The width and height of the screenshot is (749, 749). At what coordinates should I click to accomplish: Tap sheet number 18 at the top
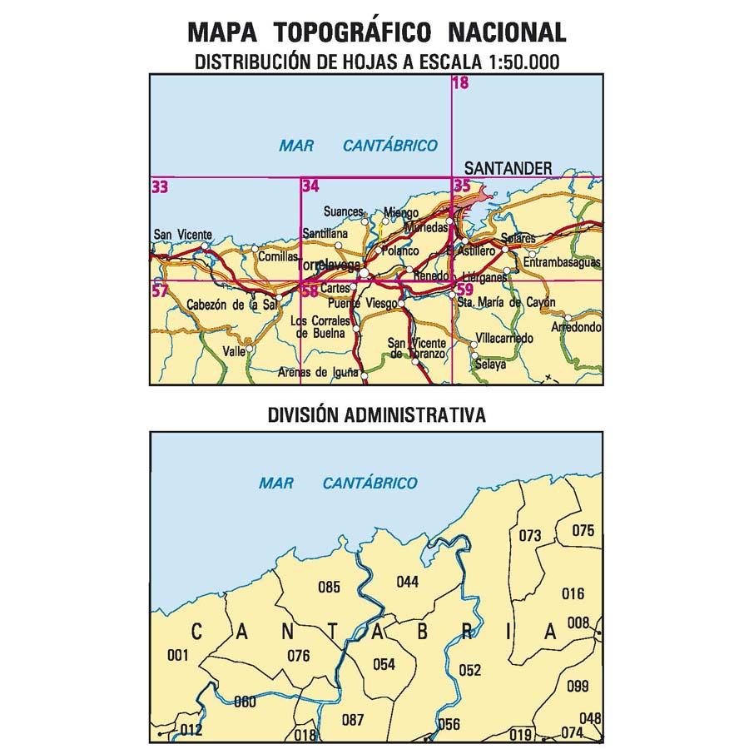coord(460,82)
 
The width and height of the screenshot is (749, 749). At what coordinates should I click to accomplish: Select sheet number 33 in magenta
coord(160,187)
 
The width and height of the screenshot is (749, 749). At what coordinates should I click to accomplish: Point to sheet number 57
coord(160,290)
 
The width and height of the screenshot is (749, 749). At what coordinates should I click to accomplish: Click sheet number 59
coord(464,290)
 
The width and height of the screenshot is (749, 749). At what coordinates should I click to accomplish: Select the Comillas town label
coord(276,258)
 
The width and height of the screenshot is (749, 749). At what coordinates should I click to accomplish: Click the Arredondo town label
coord(576,328)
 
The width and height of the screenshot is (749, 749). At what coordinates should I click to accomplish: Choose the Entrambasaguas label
coord(561,263)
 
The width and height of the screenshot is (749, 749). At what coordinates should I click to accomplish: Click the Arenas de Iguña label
coord(322,372)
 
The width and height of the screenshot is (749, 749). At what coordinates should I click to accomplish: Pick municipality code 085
coord(330,588)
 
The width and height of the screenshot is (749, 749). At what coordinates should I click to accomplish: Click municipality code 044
coord(408,582)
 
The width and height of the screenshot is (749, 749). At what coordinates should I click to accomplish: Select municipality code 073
coord(529,535)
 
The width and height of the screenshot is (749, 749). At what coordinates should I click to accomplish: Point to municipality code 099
coord(577,687)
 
